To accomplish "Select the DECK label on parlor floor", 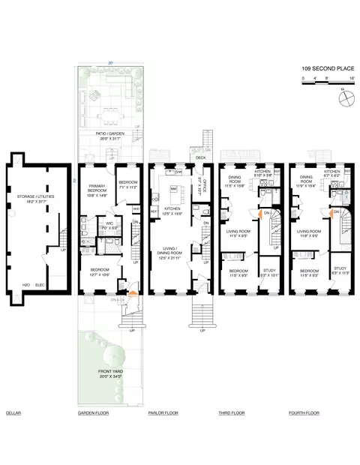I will (200, 157).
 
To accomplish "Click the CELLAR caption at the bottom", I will (13, 413).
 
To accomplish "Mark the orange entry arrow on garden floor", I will (133, 292).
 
